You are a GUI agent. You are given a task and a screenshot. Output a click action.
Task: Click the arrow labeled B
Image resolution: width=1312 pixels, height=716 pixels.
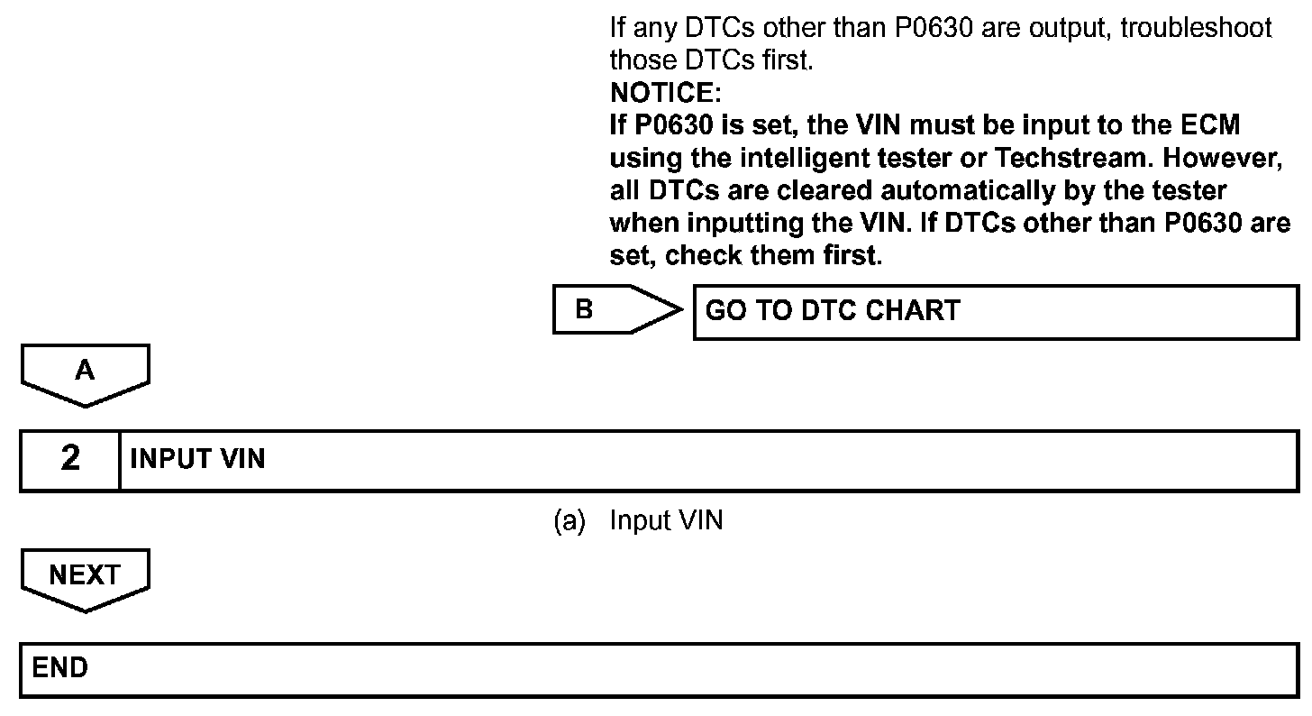coord(617,309)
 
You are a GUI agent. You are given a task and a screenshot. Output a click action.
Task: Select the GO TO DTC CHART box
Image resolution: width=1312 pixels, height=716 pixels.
coord(995,311)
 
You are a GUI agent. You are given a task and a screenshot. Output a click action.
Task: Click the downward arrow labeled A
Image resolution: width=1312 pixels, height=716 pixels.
coord(85,372)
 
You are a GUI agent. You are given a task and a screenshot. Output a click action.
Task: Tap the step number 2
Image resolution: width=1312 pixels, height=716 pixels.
coord(70,459)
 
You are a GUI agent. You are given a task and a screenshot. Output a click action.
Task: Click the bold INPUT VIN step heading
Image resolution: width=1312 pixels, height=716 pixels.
coord(197,459)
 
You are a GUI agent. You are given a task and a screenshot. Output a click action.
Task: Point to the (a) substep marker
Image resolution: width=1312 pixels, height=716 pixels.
coord(569,520)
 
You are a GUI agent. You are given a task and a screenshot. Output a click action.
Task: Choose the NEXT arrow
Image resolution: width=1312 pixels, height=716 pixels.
coord(85,578)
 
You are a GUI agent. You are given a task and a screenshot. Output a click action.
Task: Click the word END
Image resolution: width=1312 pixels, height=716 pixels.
coord(60,668)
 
